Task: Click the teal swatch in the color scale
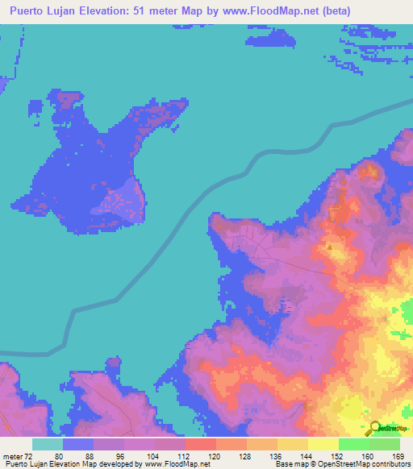click(x=47, y=444)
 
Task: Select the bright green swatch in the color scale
click(x=353, y=444)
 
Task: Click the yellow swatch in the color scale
click(x=323, y=444)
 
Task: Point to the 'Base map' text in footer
click(x=288, y=464)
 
